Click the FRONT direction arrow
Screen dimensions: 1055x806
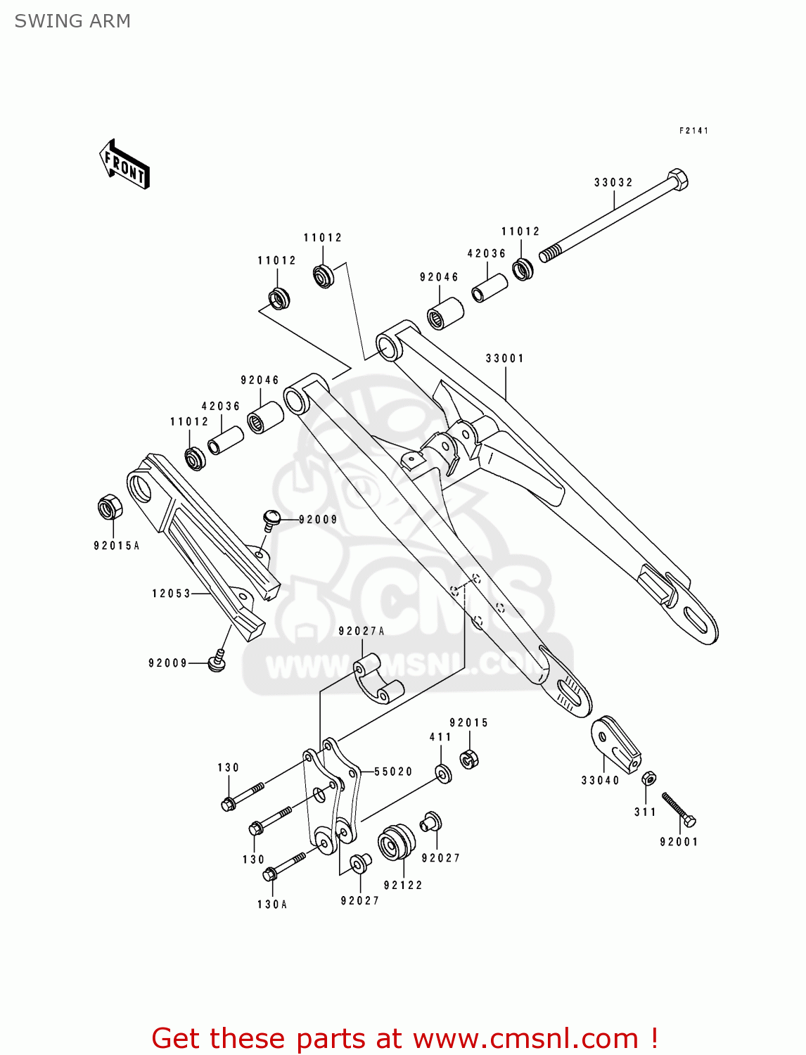(x=124, y=165)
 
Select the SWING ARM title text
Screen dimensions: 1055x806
(x=72, y=21)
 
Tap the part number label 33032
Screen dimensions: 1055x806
(x=613, y=182)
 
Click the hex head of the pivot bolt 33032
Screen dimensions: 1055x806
(x=677, y=179)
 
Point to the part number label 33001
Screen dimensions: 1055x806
(x=505, y=358)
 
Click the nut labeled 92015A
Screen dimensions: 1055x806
(x=109, y=507)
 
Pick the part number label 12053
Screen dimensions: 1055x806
(x=172, y=593)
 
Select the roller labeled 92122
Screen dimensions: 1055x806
(x=397, y=843)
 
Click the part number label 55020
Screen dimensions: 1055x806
(x=393, y=772)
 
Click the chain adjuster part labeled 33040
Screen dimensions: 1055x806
(x=615, y=744)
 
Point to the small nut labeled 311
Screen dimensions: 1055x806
(x=649, y=779)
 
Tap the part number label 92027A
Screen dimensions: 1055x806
(x=362, y=631)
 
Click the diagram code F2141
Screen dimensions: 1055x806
(x=693, y=131)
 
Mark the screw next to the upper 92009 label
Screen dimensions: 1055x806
(x=271, y=519)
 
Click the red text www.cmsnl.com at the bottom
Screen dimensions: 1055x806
(x=525, y=1038)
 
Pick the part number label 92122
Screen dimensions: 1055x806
(x=403, y=885)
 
